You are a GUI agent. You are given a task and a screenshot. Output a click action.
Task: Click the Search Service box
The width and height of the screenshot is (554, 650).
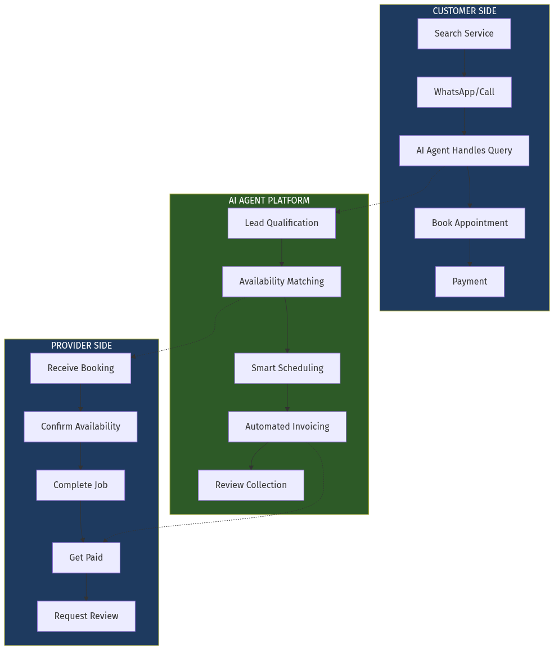click(x=464, y=34)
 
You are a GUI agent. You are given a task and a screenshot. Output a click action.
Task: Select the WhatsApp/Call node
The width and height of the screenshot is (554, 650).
click(x=464, y=92)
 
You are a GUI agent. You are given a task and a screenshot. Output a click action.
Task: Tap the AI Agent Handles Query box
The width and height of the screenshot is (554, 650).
click(x=464, y=151)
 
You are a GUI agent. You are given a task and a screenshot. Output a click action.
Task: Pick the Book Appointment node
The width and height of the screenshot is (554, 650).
click(x=470, y=223)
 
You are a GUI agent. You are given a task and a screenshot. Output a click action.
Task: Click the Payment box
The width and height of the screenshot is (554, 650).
click(x=470, y=282)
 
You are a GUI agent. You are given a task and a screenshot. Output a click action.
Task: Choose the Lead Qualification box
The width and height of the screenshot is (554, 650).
click(x=282, y=223)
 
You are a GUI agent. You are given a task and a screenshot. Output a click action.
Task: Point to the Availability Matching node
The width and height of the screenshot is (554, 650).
click(x=282, y=282)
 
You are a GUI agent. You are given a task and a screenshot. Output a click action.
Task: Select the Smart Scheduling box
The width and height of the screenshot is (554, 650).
click(x=287, y=368)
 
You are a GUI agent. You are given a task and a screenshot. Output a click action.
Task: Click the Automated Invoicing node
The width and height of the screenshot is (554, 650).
click(x=287, y=427)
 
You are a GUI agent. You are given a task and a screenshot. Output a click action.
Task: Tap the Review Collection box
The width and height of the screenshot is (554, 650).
click(x=251, y=485)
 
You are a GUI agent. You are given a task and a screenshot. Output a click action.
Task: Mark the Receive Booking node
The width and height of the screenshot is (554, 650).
click(x=80, y=368)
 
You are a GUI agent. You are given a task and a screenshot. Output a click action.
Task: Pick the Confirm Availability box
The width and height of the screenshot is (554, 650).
click(x=80, y=427)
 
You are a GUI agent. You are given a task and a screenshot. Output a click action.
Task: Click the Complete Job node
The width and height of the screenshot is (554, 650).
click(x=80, y=485)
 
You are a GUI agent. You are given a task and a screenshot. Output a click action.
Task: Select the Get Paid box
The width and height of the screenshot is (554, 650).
click(x=86, y=558)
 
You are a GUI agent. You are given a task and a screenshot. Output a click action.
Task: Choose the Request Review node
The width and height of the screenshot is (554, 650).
click(x=86, y=616)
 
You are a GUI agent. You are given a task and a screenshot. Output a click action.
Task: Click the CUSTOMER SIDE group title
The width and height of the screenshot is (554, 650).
click(x=465, y=11)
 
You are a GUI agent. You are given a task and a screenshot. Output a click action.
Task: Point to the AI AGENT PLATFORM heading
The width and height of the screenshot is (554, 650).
click(x=269, y=201)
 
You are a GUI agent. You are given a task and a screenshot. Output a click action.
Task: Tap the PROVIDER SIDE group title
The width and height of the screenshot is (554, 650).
click(x=82, y=346)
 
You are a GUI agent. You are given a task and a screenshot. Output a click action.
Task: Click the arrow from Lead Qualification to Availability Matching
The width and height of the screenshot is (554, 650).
click(x=282, y=252)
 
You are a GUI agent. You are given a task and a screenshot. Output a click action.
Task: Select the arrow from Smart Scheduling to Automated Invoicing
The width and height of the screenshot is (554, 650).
click(x=287, y=398)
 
